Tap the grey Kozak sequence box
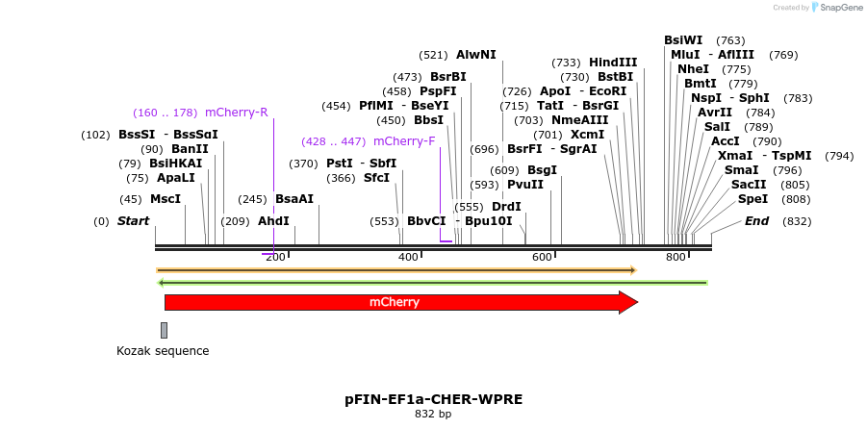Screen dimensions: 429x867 pyautogui.click(x=164, y=330)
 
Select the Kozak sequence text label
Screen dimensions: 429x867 pyautogui.click(x=163, y=351)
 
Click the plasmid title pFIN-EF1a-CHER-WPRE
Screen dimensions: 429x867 pyautogui.click(x=433, y=398)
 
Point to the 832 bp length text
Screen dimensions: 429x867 pyautogui.click(x=433, y=415)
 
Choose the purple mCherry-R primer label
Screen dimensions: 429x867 pyautogui.click(x=237, y=113)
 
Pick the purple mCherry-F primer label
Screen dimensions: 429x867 pyautogui.click(x=404, y=141)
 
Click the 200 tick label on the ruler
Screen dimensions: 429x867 pyautogui.click(x=275, y=257)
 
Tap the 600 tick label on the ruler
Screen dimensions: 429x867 pyautogui.click(x=542, y=257)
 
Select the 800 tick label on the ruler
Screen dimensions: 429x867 pyautogui.click(x=676, y=257)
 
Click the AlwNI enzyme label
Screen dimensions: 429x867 pyautogui.click(x=476, y=55)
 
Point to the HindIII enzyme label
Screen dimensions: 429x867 pyautogui.click(x=613, y=63)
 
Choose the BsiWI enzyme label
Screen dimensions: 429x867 pyautogui.click(x=683, y=40)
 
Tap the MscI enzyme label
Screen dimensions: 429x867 pyautogui.click(x=166, y=199)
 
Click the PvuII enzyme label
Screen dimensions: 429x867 pyautogui.click(x=525, y=185)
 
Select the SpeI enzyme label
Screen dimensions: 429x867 pyautogui.click(x=752, y=199)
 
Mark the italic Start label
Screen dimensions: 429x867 pyautogui.click(x=134, y=221)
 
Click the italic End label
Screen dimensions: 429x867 pyautogui.click(x=756, y=221)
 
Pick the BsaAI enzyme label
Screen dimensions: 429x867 pyautogui.click(x=294, y=199)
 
